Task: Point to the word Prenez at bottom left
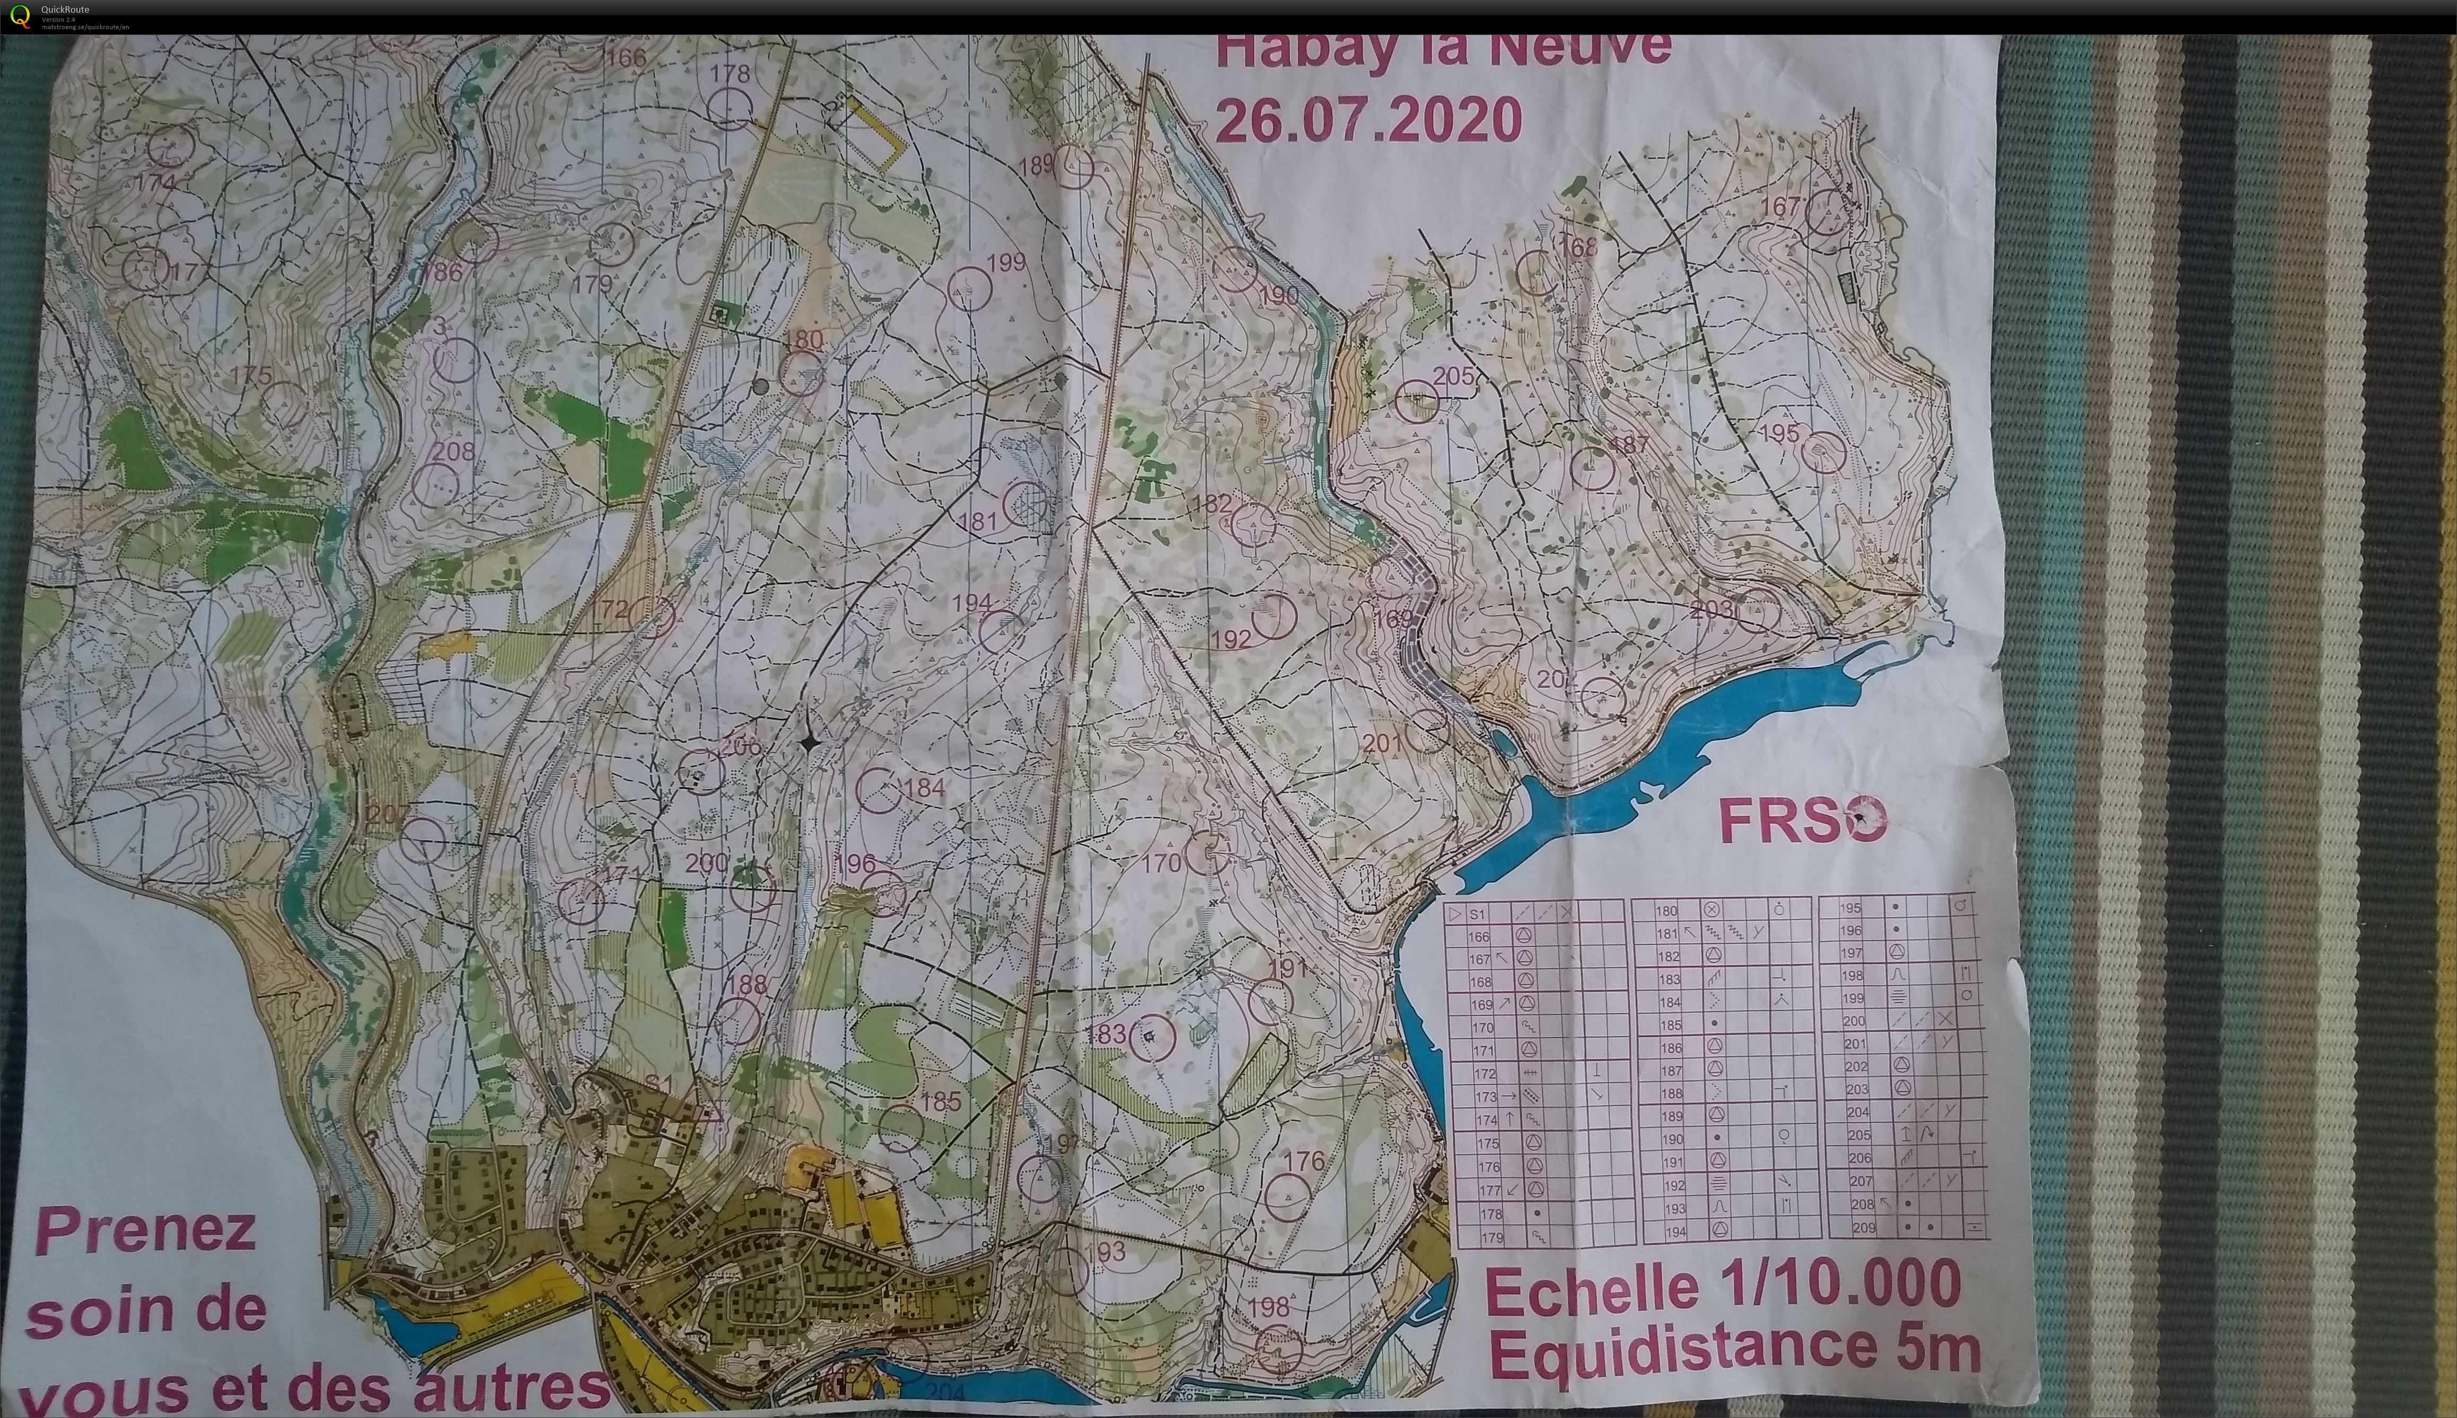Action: coord(146,1232)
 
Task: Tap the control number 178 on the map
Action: coord(730,73)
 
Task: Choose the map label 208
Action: coord(453,451)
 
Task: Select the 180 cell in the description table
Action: coord(1667,911)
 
